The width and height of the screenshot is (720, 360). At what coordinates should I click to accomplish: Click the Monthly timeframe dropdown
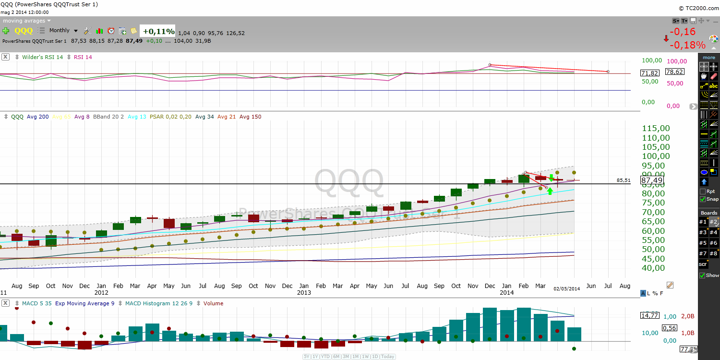point(63,30)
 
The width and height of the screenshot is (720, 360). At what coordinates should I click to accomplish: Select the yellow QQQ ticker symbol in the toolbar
point(24,31)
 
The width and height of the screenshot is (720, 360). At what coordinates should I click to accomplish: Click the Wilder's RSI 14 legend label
point(42,57)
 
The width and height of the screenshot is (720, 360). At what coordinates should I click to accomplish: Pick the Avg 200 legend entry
point(37,117)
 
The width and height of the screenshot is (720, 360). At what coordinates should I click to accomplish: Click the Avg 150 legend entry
point(250,117)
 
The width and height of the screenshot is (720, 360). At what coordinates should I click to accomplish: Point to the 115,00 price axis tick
point(656,128)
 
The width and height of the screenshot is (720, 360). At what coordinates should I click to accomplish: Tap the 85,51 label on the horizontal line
point(623,180)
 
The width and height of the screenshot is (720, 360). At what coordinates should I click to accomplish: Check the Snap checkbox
point(703,199)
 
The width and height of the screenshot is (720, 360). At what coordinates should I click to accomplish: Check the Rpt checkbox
point(703,192)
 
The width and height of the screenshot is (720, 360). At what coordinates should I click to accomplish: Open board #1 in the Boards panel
point(703,222)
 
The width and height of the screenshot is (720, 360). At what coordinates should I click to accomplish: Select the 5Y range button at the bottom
point(306,357)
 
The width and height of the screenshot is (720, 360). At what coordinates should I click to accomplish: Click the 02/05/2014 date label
point(567,288)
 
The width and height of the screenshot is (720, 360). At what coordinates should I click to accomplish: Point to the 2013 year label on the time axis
point(304,292)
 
